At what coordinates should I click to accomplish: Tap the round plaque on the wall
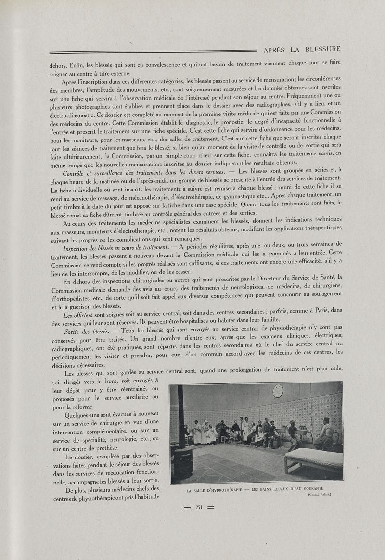[278, 391]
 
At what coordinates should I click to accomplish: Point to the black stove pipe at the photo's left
[181, 419]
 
